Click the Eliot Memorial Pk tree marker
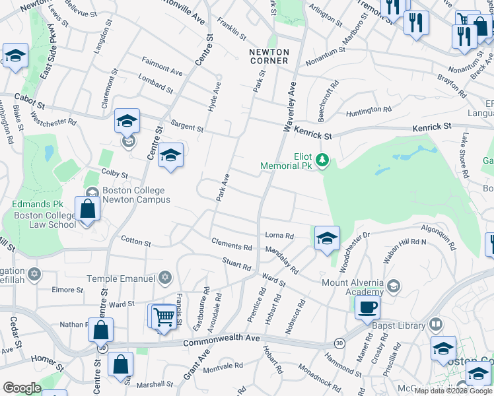(322, 160)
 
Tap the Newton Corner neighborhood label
(269, 56)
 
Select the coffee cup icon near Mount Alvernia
(367, 307)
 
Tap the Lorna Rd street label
(279, 235)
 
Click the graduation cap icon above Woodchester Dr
(327, 238)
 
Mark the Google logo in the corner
(22, 388)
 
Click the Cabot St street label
(31, 105)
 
